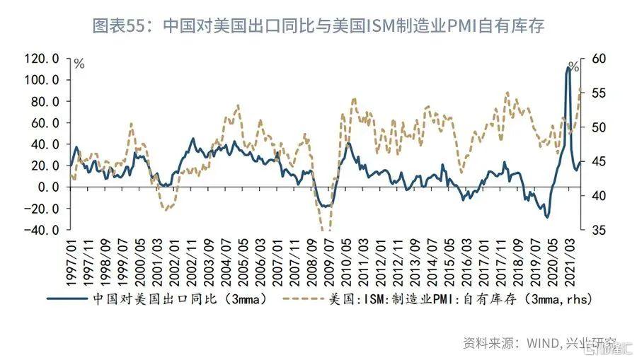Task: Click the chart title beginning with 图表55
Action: pos(318,26)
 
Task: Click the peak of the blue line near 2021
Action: pos(570,67)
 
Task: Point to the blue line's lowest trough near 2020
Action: pos(547,217)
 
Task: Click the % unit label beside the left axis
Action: pos(79,64)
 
